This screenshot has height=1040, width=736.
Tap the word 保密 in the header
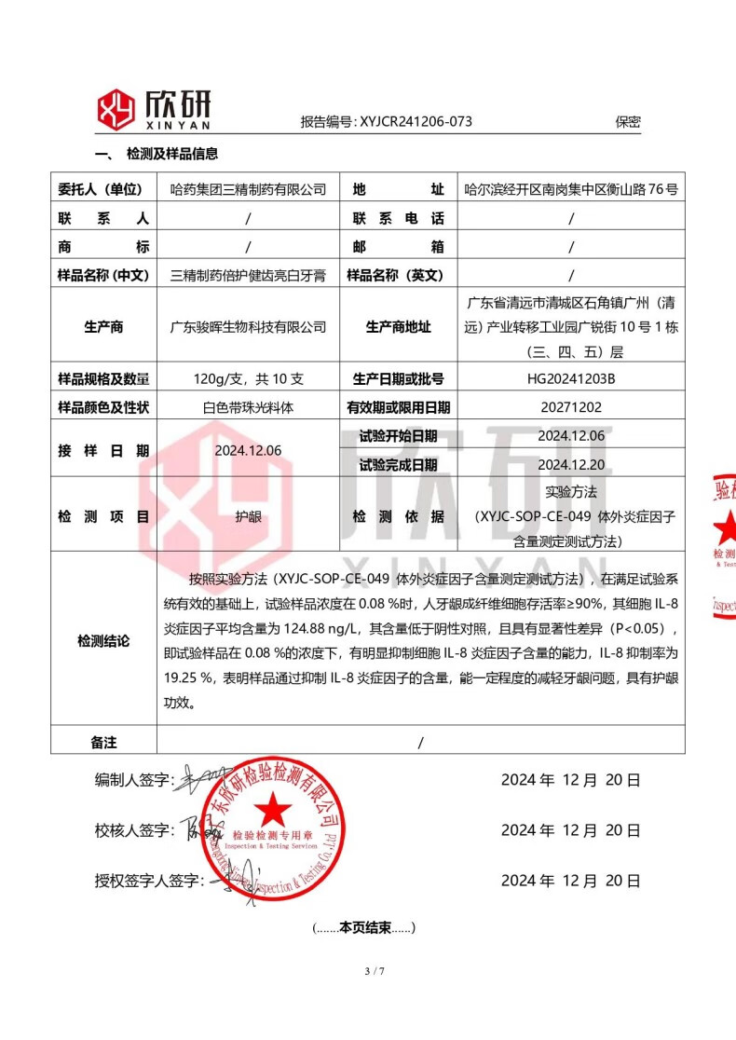pyautogui.click(x=628, y=121)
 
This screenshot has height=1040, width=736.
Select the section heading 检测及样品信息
pyautogui.click(x=171, y=155)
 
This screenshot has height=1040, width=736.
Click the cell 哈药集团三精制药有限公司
pyautogui.click(x=249, y=189)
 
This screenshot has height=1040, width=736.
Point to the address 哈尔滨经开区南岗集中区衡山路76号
pyautogui.click(x=571, y=189)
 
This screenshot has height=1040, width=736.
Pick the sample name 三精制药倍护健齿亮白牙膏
pyautogui.click(x=249, y=275)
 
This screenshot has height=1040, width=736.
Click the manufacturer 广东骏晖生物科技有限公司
pyautogui.click(x=249, y=327)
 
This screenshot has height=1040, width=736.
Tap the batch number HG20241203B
pyautogui.click(x=571, y=379)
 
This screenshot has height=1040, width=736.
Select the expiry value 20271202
pyautogui.click(x=571, y=407)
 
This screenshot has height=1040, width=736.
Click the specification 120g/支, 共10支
pyautogui.click(x=249, y=379)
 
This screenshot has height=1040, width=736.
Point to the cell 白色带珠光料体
pyautogui.click(x=249, y=407)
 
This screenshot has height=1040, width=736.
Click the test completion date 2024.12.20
pyautogui.click(x=571, y=464)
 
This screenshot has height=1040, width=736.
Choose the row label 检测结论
pyautogui.click(x=103, y=641)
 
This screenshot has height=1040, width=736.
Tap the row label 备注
pyautogui.click(x=103, y=742)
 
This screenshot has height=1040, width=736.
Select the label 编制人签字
pyautogui.click(x=134, y=780)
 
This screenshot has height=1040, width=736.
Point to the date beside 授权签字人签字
pyautogui.click(x=570, y=881)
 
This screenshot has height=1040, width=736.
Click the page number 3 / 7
pyautogui.click(x=376, y=972)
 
